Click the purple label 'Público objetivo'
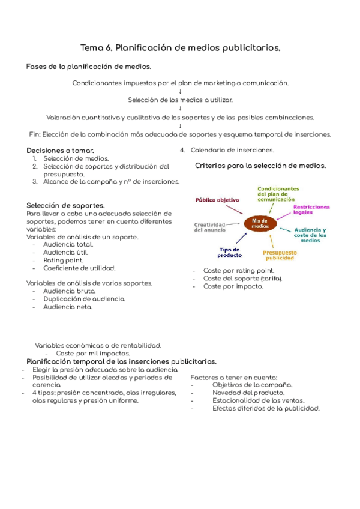click(217, 199)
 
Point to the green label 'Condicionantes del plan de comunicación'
click(278, 194)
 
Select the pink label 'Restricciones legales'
click(311, 209)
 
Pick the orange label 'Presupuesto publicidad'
click(280, 255)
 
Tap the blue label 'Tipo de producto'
click(229, 251)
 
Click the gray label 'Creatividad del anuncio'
click(209, 226)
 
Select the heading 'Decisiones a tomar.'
click(60, 150)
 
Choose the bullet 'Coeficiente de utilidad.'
click(79, 268)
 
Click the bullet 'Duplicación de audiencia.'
click(85, 298)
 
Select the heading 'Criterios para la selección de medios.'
click(260, 165)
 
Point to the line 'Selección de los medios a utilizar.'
click(181, 100)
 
